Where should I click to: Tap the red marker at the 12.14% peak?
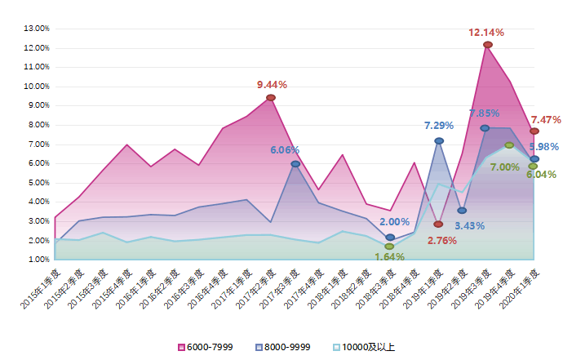(487, 45)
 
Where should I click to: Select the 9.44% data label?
(272, 85)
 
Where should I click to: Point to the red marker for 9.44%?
(271, 98)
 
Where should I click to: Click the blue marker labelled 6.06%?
(295, 164)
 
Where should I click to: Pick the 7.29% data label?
(439, 126)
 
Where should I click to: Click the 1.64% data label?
(389, 257)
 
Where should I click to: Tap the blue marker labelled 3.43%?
(462, 211)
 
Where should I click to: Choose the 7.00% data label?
(505, 167)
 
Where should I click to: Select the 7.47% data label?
(546, 120)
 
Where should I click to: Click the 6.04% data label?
(541, 175)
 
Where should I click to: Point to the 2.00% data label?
(395, 222)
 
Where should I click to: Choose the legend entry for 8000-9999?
(282, 347)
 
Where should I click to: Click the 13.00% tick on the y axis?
(38, 29)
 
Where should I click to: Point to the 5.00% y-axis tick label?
(38, 183)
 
